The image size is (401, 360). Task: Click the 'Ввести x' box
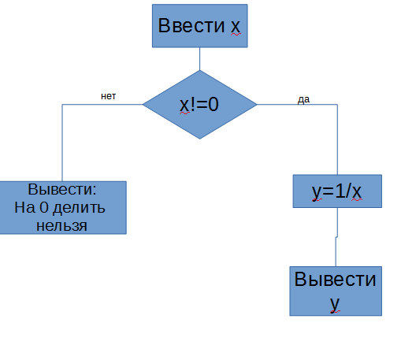point(200,26)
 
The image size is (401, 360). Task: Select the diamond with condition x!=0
point(200,105)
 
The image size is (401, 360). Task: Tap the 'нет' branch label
point(108,96)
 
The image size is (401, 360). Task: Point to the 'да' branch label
point(303,99)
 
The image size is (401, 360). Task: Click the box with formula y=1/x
point(337,191)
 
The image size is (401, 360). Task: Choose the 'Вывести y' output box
point(336,291)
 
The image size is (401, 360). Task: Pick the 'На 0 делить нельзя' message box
point(63,207)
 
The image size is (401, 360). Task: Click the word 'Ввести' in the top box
point(191,26)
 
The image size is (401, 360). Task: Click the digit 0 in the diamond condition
point(213,104)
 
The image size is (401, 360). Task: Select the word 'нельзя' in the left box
point(61,226)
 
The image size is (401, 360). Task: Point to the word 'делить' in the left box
point(79,208)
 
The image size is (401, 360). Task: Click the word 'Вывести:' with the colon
point(62,189)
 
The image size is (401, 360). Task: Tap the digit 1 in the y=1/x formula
point(340,191)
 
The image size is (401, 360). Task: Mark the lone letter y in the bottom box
point(335,304)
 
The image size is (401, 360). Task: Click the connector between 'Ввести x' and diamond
point(200,59)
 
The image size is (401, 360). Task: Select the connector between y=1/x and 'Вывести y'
point(336,237)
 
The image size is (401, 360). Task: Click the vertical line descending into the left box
point(62,143)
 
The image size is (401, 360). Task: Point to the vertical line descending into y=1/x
point(337,139)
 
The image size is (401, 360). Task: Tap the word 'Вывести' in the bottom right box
point(336,279)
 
